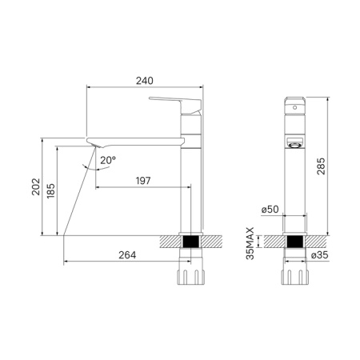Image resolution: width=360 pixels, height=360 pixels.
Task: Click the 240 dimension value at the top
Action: pyautogui.click(x=145, y=81)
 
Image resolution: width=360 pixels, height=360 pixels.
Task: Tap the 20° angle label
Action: pyautogui.click(x=108, y=160)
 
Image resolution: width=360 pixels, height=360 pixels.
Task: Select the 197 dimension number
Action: pyautogui.click(x=144, y=180)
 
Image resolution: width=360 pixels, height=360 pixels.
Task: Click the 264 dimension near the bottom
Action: pyautogui.click(x=127, y=255)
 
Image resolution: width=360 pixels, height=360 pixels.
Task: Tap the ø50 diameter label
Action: pyautogui.click(x=269, y=210)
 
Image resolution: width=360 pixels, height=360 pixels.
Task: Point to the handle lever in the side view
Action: pyautogui.click(x=174, y=103)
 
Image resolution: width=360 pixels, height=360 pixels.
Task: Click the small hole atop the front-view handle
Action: pyautogui.click(x=294, y=106)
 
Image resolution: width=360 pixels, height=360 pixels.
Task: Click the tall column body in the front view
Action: pyautogui.click(x=294, y=192)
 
